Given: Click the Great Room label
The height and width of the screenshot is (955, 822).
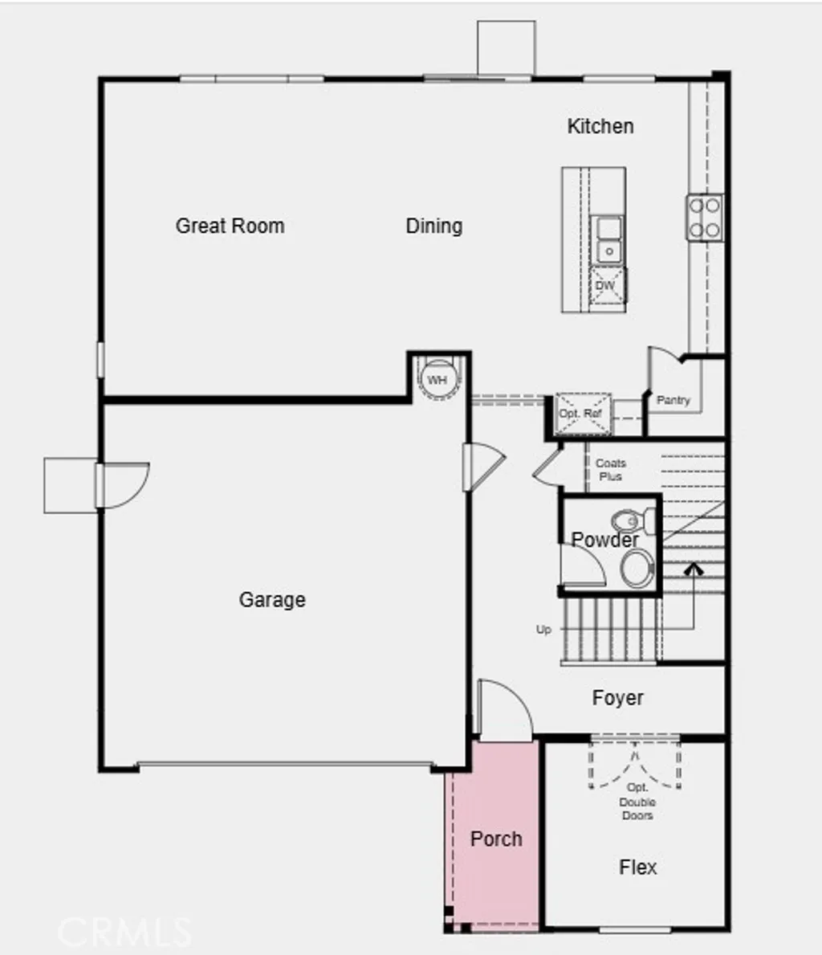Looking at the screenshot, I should point(230,226).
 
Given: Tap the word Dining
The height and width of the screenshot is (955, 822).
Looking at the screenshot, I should point(434,226).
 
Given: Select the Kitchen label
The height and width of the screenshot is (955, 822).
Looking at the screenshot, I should point(600,126).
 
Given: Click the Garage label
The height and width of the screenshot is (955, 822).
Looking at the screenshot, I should point(272,599).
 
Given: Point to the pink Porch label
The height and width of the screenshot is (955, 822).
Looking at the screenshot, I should point(496,839).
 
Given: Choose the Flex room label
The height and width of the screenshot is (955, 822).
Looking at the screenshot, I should point(638,867).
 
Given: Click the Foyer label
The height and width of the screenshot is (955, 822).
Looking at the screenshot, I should point(617,698).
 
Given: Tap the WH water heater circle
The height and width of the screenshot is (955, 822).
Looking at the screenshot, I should point(437,379).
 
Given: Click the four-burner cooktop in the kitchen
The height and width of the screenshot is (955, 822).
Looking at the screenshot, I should point(704,217).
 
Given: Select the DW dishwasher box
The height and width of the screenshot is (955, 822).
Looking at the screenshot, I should point(606,285).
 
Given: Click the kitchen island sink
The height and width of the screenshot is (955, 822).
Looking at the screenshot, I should point(608,239).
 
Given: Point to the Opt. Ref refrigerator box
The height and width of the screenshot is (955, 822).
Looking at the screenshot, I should point(581,414).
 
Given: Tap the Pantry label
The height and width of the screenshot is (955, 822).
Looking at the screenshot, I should point(673,400).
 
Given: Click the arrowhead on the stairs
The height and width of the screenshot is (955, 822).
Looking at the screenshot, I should point(694,569).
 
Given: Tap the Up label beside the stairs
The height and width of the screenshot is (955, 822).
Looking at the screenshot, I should point(543,630).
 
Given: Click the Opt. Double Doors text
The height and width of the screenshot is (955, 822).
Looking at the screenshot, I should point(637,802).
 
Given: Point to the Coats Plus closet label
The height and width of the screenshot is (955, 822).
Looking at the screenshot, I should point(611,469).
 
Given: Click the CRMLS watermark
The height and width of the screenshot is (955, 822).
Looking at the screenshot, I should point(124,932).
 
